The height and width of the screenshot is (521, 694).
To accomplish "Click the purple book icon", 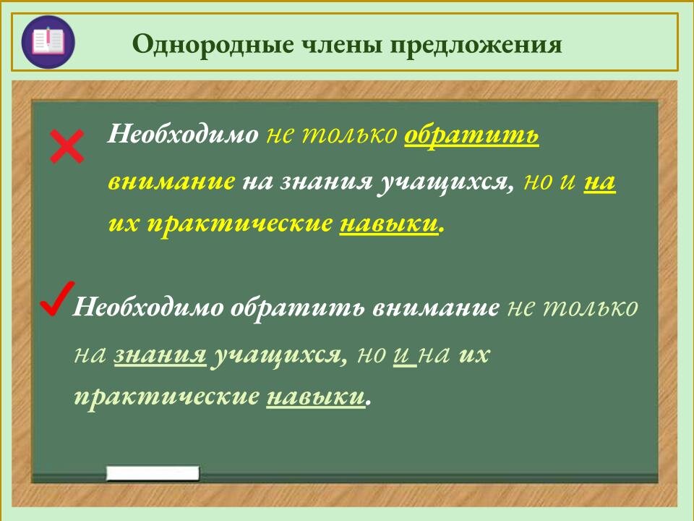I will click(x=48, y=42).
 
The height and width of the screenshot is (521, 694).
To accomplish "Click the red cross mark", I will click(x=67, y=147).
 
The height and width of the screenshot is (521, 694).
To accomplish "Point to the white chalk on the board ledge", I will click(x=153, y=474).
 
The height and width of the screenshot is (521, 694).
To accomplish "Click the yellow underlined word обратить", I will click(x=471, y=135).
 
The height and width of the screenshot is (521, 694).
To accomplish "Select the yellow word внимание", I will click(x=171, y=181).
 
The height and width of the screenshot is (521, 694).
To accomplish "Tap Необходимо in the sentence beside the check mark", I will click(x=148, y=308).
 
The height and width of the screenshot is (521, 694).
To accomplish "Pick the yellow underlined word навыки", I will click(x=389, y=224).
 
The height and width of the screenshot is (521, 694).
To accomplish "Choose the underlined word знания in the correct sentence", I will click(x=160, y=355).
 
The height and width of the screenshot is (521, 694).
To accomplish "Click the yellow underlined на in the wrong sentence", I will click(x=599, y=181).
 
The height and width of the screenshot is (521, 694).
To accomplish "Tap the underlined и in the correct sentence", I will click(x=403, y=355).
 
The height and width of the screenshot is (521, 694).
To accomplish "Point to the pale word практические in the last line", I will click(x=166, y=397).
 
